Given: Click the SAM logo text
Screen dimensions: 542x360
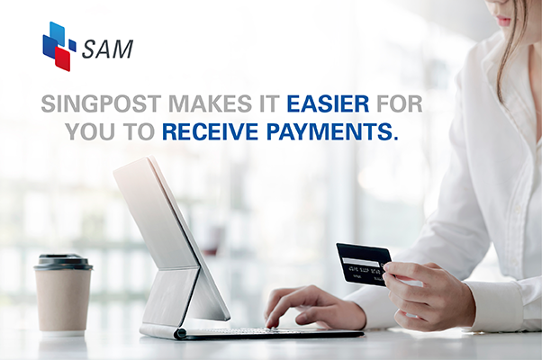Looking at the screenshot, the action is coord(108,49).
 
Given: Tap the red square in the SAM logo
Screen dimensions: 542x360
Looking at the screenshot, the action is coord(62,58).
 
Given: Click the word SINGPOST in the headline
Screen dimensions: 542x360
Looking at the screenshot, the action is coord(101,103).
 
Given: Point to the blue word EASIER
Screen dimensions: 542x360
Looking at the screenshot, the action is coord(328,103).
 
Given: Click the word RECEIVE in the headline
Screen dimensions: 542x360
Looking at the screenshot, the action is coord(210,131).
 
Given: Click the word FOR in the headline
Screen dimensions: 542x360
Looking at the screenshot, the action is coord(399,103).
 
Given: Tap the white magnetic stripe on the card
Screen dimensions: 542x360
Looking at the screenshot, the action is coord(359,262).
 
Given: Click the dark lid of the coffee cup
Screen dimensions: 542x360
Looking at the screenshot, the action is coord(63,263).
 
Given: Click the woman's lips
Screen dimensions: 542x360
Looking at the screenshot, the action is coord(504,22).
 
